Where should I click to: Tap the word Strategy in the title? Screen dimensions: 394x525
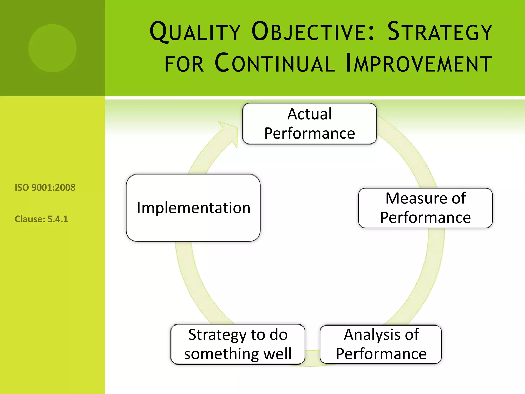coord(440,32)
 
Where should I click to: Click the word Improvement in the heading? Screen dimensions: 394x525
coord(419,63)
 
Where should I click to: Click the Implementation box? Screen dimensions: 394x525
coord(193,208)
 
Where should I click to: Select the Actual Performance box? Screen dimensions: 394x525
coord(309,124)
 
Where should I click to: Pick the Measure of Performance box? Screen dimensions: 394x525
coord(425,208)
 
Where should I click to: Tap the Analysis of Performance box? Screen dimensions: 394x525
coord(381,344)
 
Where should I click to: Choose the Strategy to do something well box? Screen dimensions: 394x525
coord(238,344)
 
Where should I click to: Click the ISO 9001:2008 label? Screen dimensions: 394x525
coord(45,188)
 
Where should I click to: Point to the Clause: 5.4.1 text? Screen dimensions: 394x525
coord(41,219)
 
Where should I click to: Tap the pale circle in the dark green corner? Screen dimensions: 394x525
coord(53,48)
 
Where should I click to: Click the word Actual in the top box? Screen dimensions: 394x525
coord(309,114)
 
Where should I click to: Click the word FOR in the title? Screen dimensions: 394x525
coord(184,64)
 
